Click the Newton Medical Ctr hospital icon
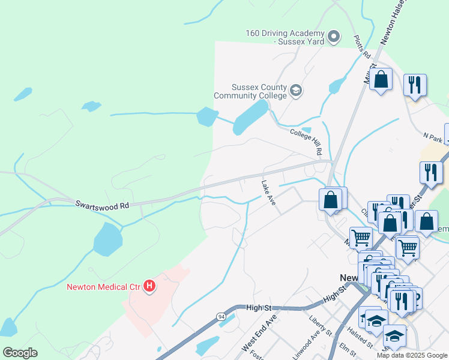pos(149,287)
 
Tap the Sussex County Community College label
pos(251,91)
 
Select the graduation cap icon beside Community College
pos(295,91)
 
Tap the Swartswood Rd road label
pos(102,205)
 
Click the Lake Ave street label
pos(268,193)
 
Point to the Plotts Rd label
pos(361,47)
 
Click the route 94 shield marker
pos(221,316)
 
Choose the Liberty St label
pos(320,323)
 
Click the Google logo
pos(20,353)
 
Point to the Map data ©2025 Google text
pos(411,355)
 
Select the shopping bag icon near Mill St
pos(381,79)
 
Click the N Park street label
pos(433,139)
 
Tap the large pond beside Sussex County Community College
pos(250,117)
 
